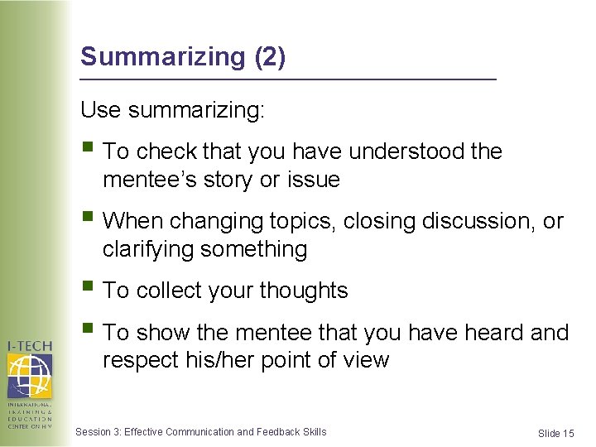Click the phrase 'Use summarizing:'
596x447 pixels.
[172, 110]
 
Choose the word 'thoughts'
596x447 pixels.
[303, 291]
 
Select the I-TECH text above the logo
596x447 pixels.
[30, 346]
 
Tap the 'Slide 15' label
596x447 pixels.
[555, 434]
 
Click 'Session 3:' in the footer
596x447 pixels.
[98, 431]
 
